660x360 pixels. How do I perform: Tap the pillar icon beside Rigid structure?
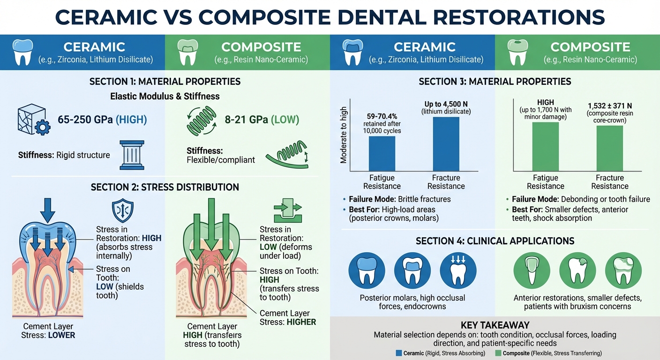pyautogui.click(x=132, y=155)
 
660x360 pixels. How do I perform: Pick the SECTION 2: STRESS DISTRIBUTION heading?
pyautogui.click(x=165, y=187)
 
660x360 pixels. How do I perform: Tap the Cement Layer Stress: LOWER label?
pyautogui.click(x=48, y=331)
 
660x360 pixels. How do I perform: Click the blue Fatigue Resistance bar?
pyautogui.click(x=382, y=154)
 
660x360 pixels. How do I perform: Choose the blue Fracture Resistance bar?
pyautogui.click(x=446, y=144)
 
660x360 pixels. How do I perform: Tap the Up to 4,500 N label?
pyautogui.click(x=445, y=104)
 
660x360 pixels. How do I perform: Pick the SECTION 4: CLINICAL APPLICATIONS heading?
pyautogui.click(x=495, y=241)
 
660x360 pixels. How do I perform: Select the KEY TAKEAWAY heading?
pyautogui.click(x=495, y=325)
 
